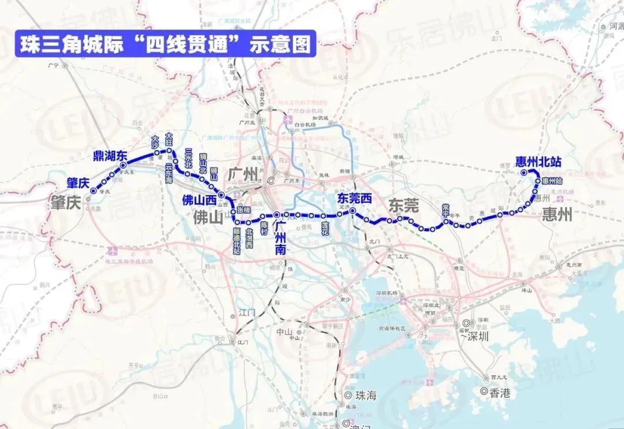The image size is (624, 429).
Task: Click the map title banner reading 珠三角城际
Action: [165, 44]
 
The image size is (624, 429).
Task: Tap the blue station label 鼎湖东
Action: [110, 155]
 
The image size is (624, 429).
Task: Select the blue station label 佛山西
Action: [199, 201]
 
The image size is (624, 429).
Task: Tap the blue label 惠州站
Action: [554, 181]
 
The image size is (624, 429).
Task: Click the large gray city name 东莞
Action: [404, 206]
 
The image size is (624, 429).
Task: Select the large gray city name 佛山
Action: [208, 218]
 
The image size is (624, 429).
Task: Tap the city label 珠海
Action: [366, 396]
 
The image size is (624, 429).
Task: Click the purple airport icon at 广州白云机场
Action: [287, 120]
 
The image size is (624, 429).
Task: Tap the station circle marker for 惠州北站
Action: [523, 172]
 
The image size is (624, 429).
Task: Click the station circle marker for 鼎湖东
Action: [123, 166]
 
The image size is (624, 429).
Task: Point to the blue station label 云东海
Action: [169, 173]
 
